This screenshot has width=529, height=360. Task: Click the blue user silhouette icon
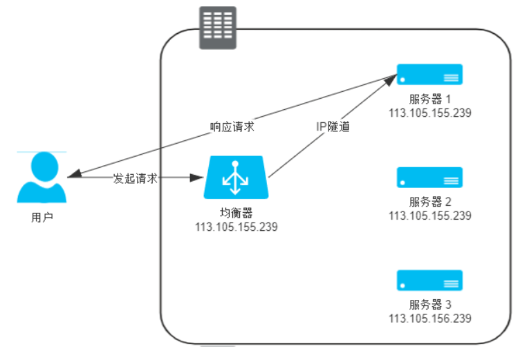[x=41, y=178]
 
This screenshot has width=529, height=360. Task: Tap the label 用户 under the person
[x=41, y=218]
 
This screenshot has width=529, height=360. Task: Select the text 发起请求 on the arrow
[x=136, y=178]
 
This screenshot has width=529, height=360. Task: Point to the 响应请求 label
[x=232, y=127]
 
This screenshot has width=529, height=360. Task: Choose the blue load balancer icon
[x=235, y=178]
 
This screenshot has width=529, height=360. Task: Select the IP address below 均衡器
[x=236, y=227]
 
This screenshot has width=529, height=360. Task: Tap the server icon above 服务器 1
[x=429, y=75]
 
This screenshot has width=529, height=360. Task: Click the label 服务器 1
[x=429, y=100]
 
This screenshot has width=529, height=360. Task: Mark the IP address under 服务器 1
[x=429, y=113]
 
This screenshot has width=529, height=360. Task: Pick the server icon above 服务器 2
[x=429, y=178]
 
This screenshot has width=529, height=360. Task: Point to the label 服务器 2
[x=429, y=202]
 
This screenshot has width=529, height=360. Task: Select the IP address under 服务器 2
[x=429, y=216]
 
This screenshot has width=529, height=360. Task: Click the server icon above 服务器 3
[x=429, y=280]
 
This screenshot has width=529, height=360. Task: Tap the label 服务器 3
[x=429, y=305]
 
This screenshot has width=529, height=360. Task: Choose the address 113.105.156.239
[x=429, y=318]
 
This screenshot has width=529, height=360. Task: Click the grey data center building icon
[x=218, y=28]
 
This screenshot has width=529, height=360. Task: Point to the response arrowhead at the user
[x=73, y=175]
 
